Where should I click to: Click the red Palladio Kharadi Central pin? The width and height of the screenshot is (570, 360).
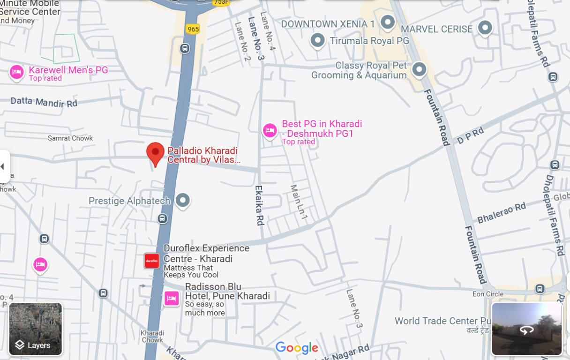(x=155, y=153)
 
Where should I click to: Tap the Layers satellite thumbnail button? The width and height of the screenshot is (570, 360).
(x=36, y=329)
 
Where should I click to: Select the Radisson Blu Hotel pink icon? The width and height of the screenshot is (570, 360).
(x=172, y=298)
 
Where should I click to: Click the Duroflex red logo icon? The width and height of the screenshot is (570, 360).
(x=152, y=261)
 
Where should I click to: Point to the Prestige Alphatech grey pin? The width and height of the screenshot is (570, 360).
(x=183, y=200)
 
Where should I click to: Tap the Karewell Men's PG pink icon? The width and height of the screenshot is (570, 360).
(x=17, y=72)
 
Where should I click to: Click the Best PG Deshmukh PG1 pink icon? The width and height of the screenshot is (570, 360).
(x=270, y=130)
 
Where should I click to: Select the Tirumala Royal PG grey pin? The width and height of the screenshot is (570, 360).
(x=318, y=40)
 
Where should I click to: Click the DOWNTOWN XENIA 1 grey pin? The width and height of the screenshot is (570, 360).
(x=388, y=22)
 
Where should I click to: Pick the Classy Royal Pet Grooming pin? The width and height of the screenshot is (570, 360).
(x=419, y=69)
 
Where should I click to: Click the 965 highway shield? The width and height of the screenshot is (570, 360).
(x=193, y=29)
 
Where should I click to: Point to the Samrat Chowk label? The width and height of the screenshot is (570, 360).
(x=70, y=138)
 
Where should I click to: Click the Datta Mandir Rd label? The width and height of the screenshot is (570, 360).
(x=44, y=102)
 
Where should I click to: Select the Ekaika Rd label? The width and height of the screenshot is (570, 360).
(x=259, y=205)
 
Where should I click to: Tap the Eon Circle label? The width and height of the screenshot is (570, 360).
(x=488, y=294)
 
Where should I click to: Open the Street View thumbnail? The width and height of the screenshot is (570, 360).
(x=526, y=329)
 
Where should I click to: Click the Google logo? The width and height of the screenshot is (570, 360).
(x=297, y=348)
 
